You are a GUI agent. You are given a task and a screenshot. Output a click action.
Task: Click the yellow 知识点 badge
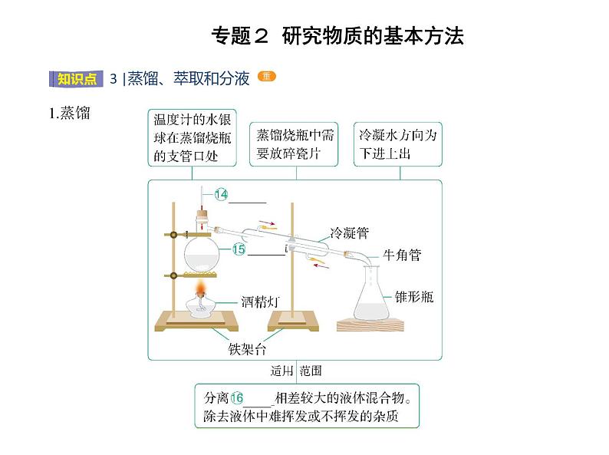[x=77, y=79]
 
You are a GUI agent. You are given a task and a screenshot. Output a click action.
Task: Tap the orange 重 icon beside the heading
[x=266, y=76]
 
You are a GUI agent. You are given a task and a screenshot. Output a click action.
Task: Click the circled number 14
[x=221, y=194]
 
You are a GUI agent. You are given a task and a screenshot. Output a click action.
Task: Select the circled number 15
[x=239, y=249]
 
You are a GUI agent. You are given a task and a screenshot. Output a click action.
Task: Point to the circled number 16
[x=236, y=397]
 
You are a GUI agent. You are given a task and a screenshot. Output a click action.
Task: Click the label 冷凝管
[x=350, y=233]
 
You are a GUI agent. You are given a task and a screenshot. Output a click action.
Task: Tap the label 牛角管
[x=402, y=256]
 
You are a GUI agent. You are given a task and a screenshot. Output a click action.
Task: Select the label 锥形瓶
[x=414, y=297]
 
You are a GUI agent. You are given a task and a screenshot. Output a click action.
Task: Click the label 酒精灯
[x=260, y=302]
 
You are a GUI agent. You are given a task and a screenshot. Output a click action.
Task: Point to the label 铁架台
[x=247, y=349]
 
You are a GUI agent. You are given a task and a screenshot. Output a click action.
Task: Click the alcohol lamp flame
[x=201, y=288]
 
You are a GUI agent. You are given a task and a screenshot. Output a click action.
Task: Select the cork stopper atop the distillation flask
[x=202, y=214]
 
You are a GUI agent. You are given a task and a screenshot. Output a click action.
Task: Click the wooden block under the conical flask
[x=370, y=325]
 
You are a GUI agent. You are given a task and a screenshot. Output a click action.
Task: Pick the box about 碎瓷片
[x=294, y=144]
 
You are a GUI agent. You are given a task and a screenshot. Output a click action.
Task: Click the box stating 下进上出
[x=398, y=144]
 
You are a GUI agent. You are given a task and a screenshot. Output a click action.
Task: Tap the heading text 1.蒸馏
[x=70, y=113]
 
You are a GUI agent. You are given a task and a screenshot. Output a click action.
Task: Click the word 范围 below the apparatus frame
[x=311, y=371]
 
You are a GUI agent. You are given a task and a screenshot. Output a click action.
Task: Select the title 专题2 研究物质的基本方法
[x=337, y=36]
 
